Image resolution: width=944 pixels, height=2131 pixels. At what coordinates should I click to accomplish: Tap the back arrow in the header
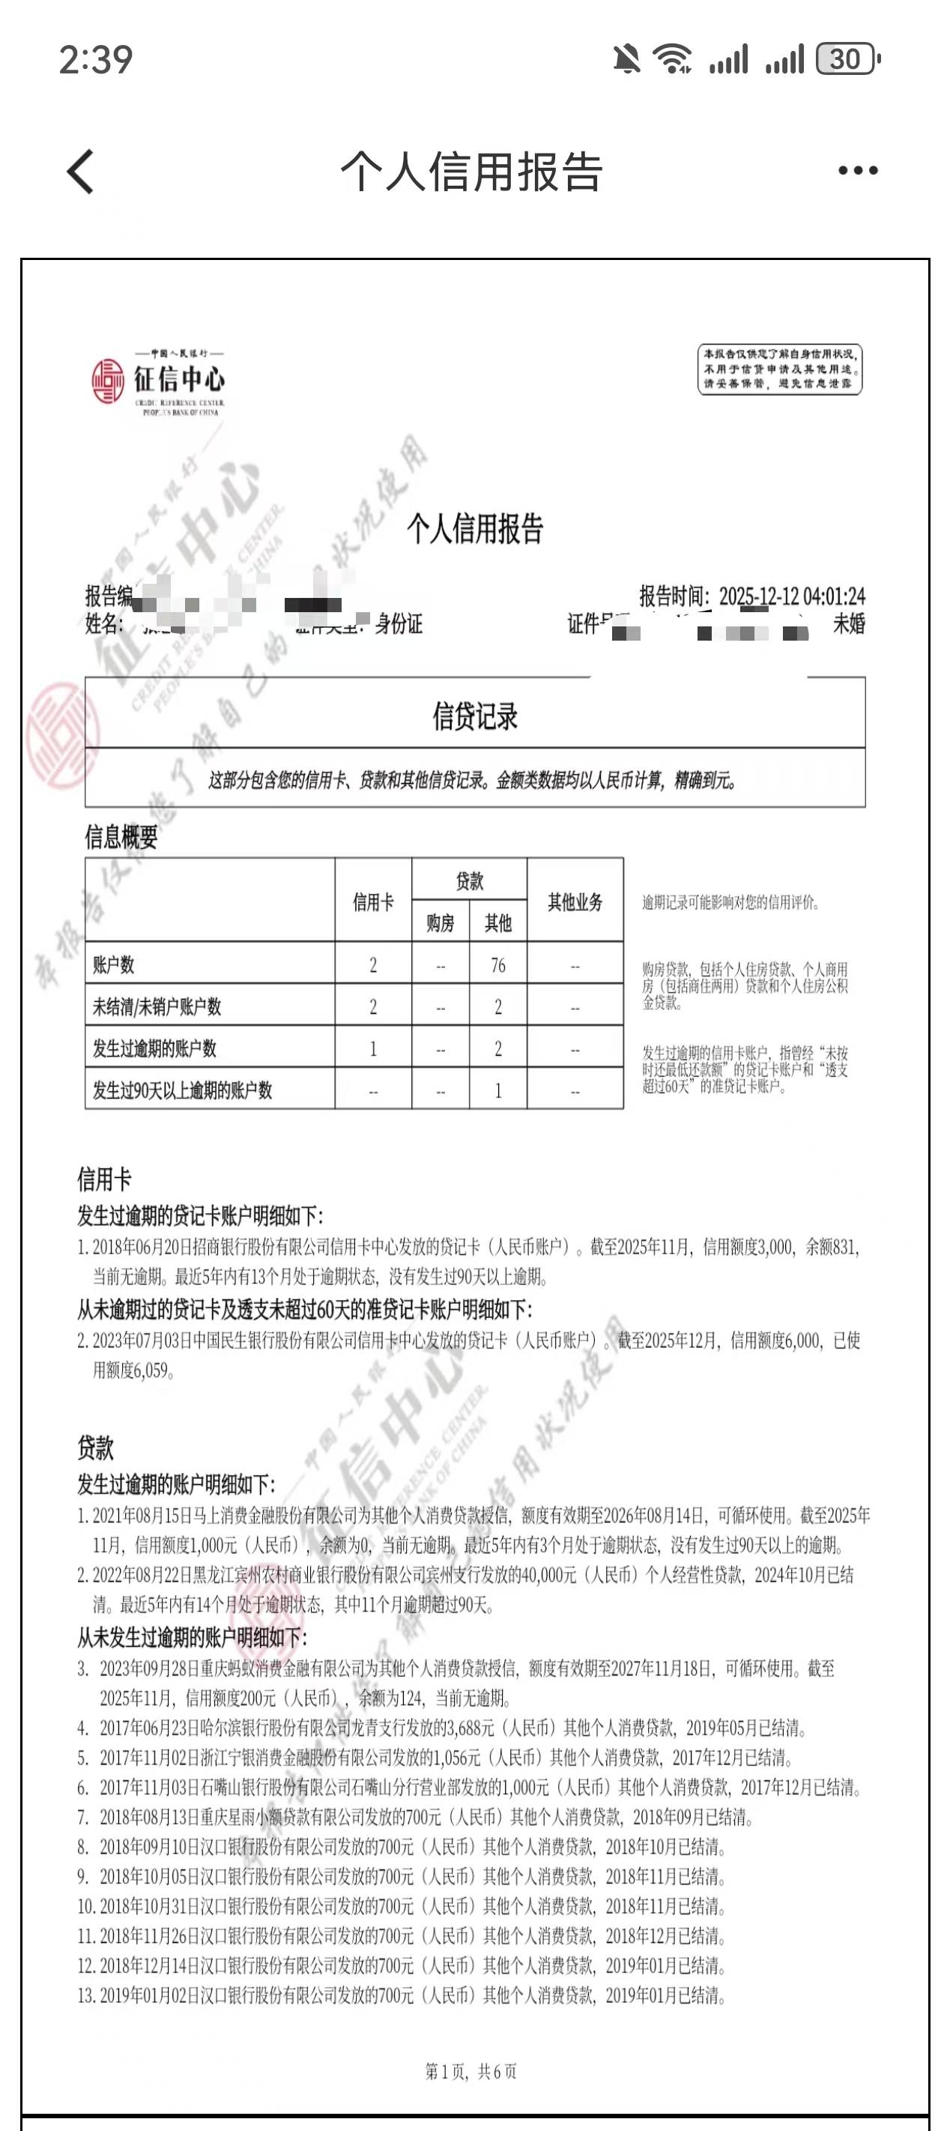click(x=81, y=172)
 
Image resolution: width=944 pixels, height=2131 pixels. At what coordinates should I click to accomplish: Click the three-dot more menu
click(x=857, y=172)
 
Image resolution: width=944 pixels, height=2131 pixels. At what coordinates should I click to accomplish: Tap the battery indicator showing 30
click(x=847, y=58)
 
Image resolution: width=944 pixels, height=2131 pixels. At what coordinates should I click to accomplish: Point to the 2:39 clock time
click(x=96, y=59)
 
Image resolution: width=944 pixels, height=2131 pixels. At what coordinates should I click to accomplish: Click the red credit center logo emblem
click(x=109, y=381)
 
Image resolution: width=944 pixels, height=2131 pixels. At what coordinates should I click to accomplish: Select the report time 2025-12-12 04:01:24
click(x=792, y=596)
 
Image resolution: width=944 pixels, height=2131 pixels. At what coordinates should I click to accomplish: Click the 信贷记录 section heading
click(x=475, y=716)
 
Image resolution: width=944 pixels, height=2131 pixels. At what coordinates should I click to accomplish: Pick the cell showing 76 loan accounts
click(x=497, y=964)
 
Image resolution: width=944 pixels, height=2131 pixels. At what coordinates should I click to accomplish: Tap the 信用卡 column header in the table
click(x=373, y=901)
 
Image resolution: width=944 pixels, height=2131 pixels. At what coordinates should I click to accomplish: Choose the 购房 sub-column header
click(x=440, y=923)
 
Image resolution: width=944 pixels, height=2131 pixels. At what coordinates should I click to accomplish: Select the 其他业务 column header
click(x=575, y=901)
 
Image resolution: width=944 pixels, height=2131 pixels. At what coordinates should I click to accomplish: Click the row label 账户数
click(x=113, y=964)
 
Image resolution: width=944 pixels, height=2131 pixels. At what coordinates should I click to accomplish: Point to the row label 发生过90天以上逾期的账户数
click(x=182, y=1090)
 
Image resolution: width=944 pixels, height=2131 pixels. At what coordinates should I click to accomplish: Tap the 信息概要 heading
click(x=121, y=837)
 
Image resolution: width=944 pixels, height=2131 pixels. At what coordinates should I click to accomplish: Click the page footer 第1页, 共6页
click(x=471, y=2070)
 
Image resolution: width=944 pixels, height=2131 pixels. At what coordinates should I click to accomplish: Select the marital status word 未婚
click(x=849, y=623)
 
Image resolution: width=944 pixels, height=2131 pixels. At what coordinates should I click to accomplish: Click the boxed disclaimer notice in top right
click(x=779, y=369)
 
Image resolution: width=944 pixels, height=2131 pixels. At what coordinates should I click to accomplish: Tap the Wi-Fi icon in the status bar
click(x=673, y=58)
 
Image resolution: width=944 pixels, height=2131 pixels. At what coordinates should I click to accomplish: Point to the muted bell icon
click(x=626, y=58)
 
